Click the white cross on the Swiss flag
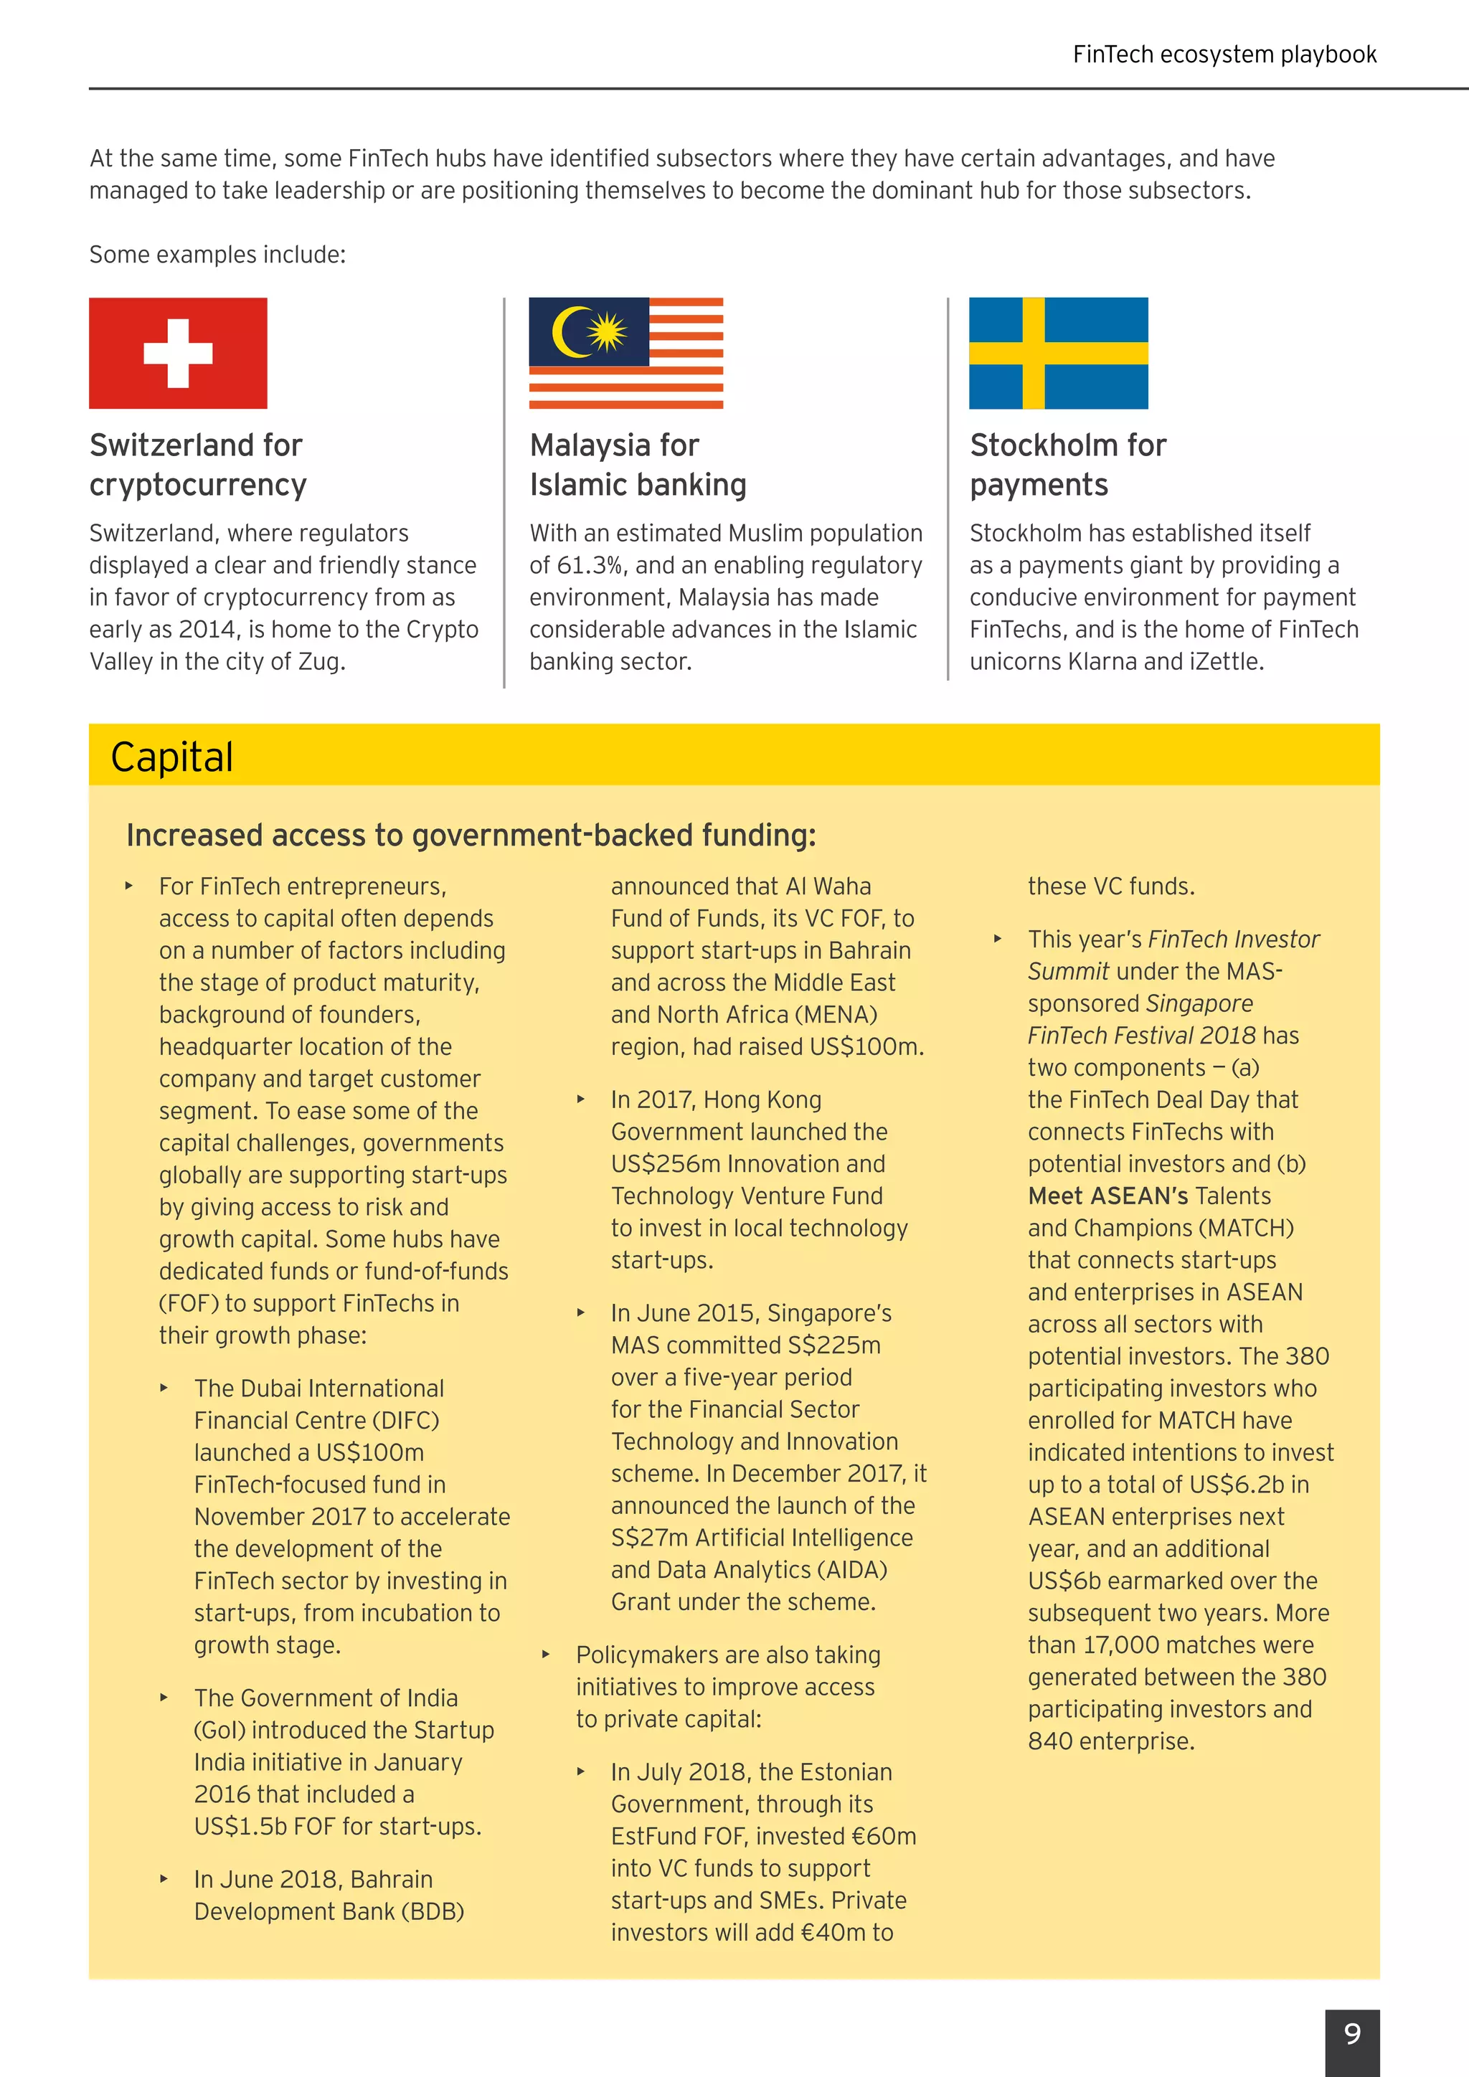pyautogui.click(x=178, y=353)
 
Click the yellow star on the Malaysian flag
pyautogui.click(x=607, y=331)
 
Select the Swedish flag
pyautogui.click(x=1058, y=353)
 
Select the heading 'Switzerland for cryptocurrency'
pyautogui.click(x=197, y=465)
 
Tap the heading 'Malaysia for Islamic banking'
pyautogui.click(x=638, y=465)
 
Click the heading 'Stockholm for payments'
pyautogui.click(x=1067, y=465)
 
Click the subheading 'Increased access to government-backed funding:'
pyautogui.click(x=471, y=835)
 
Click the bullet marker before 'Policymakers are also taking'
pyautogui.click(x=545, y=1655)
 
